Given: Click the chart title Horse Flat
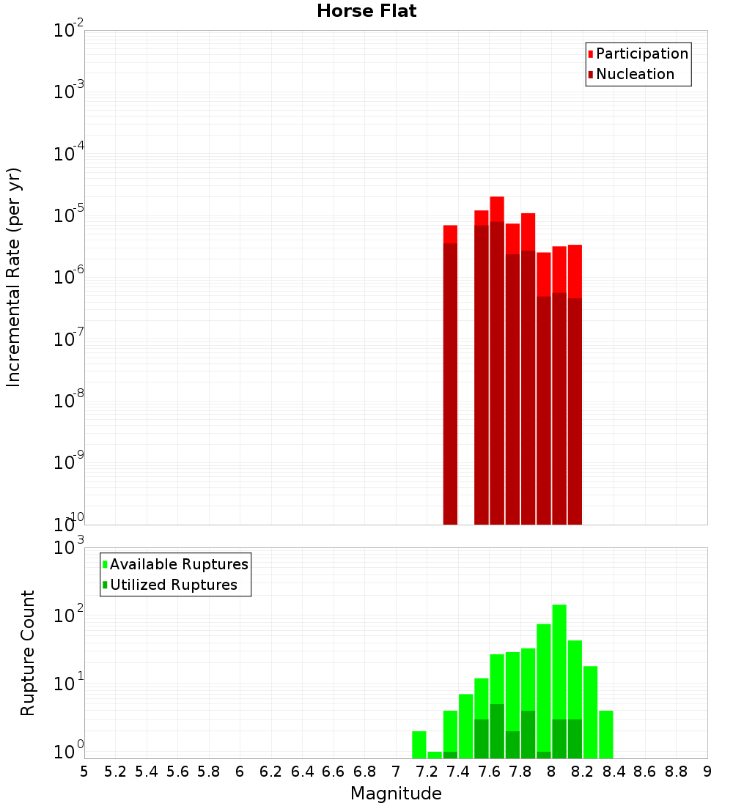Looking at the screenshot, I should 366,11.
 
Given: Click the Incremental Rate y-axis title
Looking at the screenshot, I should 14,277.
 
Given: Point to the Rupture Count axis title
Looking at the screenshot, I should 28,653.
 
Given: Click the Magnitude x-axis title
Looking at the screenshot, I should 396,794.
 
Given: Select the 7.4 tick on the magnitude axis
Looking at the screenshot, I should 458,772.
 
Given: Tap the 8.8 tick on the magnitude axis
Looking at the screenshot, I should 676,772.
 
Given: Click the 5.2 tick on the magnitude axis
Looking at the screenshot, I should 115,772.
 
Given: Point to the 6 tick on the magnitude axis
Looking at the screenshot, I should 240,772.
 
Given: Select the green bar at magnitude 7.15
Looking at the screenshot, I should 419,744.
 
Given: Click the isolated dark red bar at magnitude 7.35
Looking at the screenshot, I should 451,381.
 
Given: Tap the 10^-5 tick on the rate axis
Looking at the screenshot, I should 70,215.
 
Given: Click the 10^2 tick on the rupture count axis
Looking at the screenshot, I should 70,615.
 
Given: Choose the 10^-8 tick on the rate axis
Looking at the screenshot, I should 70,401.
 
